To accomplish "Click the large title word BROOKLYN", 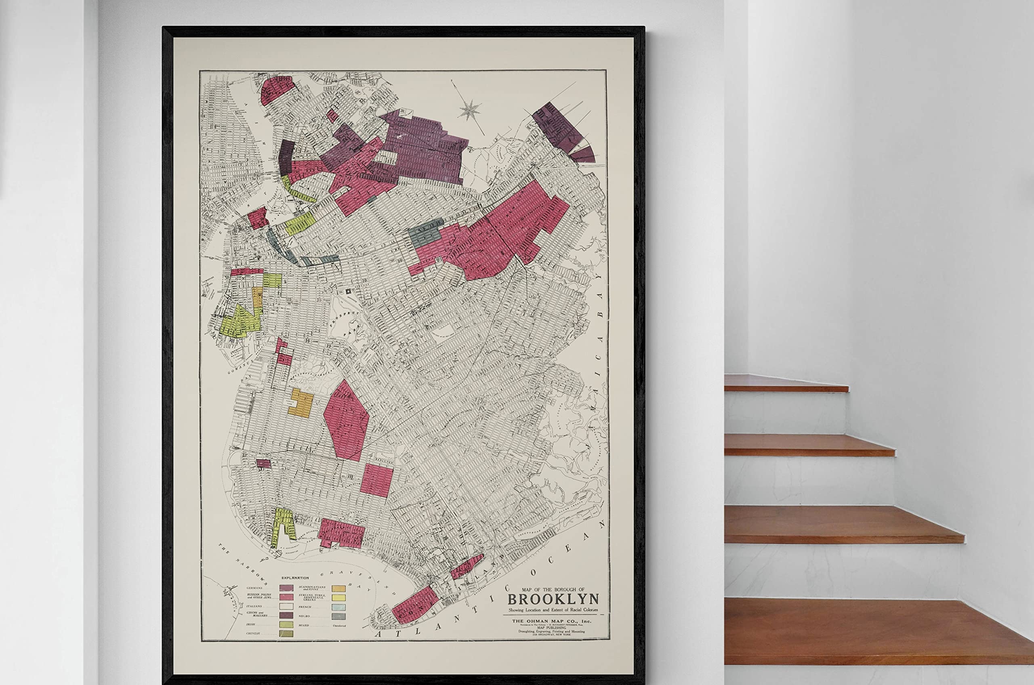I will point(553,599).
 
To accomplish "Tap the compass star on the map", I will point(470,109).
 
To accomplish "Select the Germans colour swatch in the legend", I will point(286,588).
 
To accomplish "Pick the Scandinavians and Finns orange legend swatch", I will point(338,588).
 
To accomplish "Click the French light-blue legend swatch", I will point(338,607).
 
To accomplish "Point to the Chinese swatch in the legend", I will point(286,633).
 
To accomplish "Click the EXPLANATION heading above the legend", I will point(295,578).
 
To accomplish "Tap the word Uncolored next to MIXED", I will point(339,626).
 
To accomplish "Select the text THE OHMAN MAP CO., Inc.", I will point(551,621).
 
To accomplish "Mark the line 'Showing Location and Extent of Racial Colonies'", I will point(553,610).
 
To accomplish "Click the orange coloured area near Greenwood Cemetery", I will point(301,402).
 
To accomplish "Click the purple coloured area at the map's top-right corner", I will point(561,129).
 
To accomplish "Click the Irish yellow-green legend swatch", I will point(286,625).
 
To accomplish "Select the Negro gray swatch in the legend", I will point(338,616).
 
